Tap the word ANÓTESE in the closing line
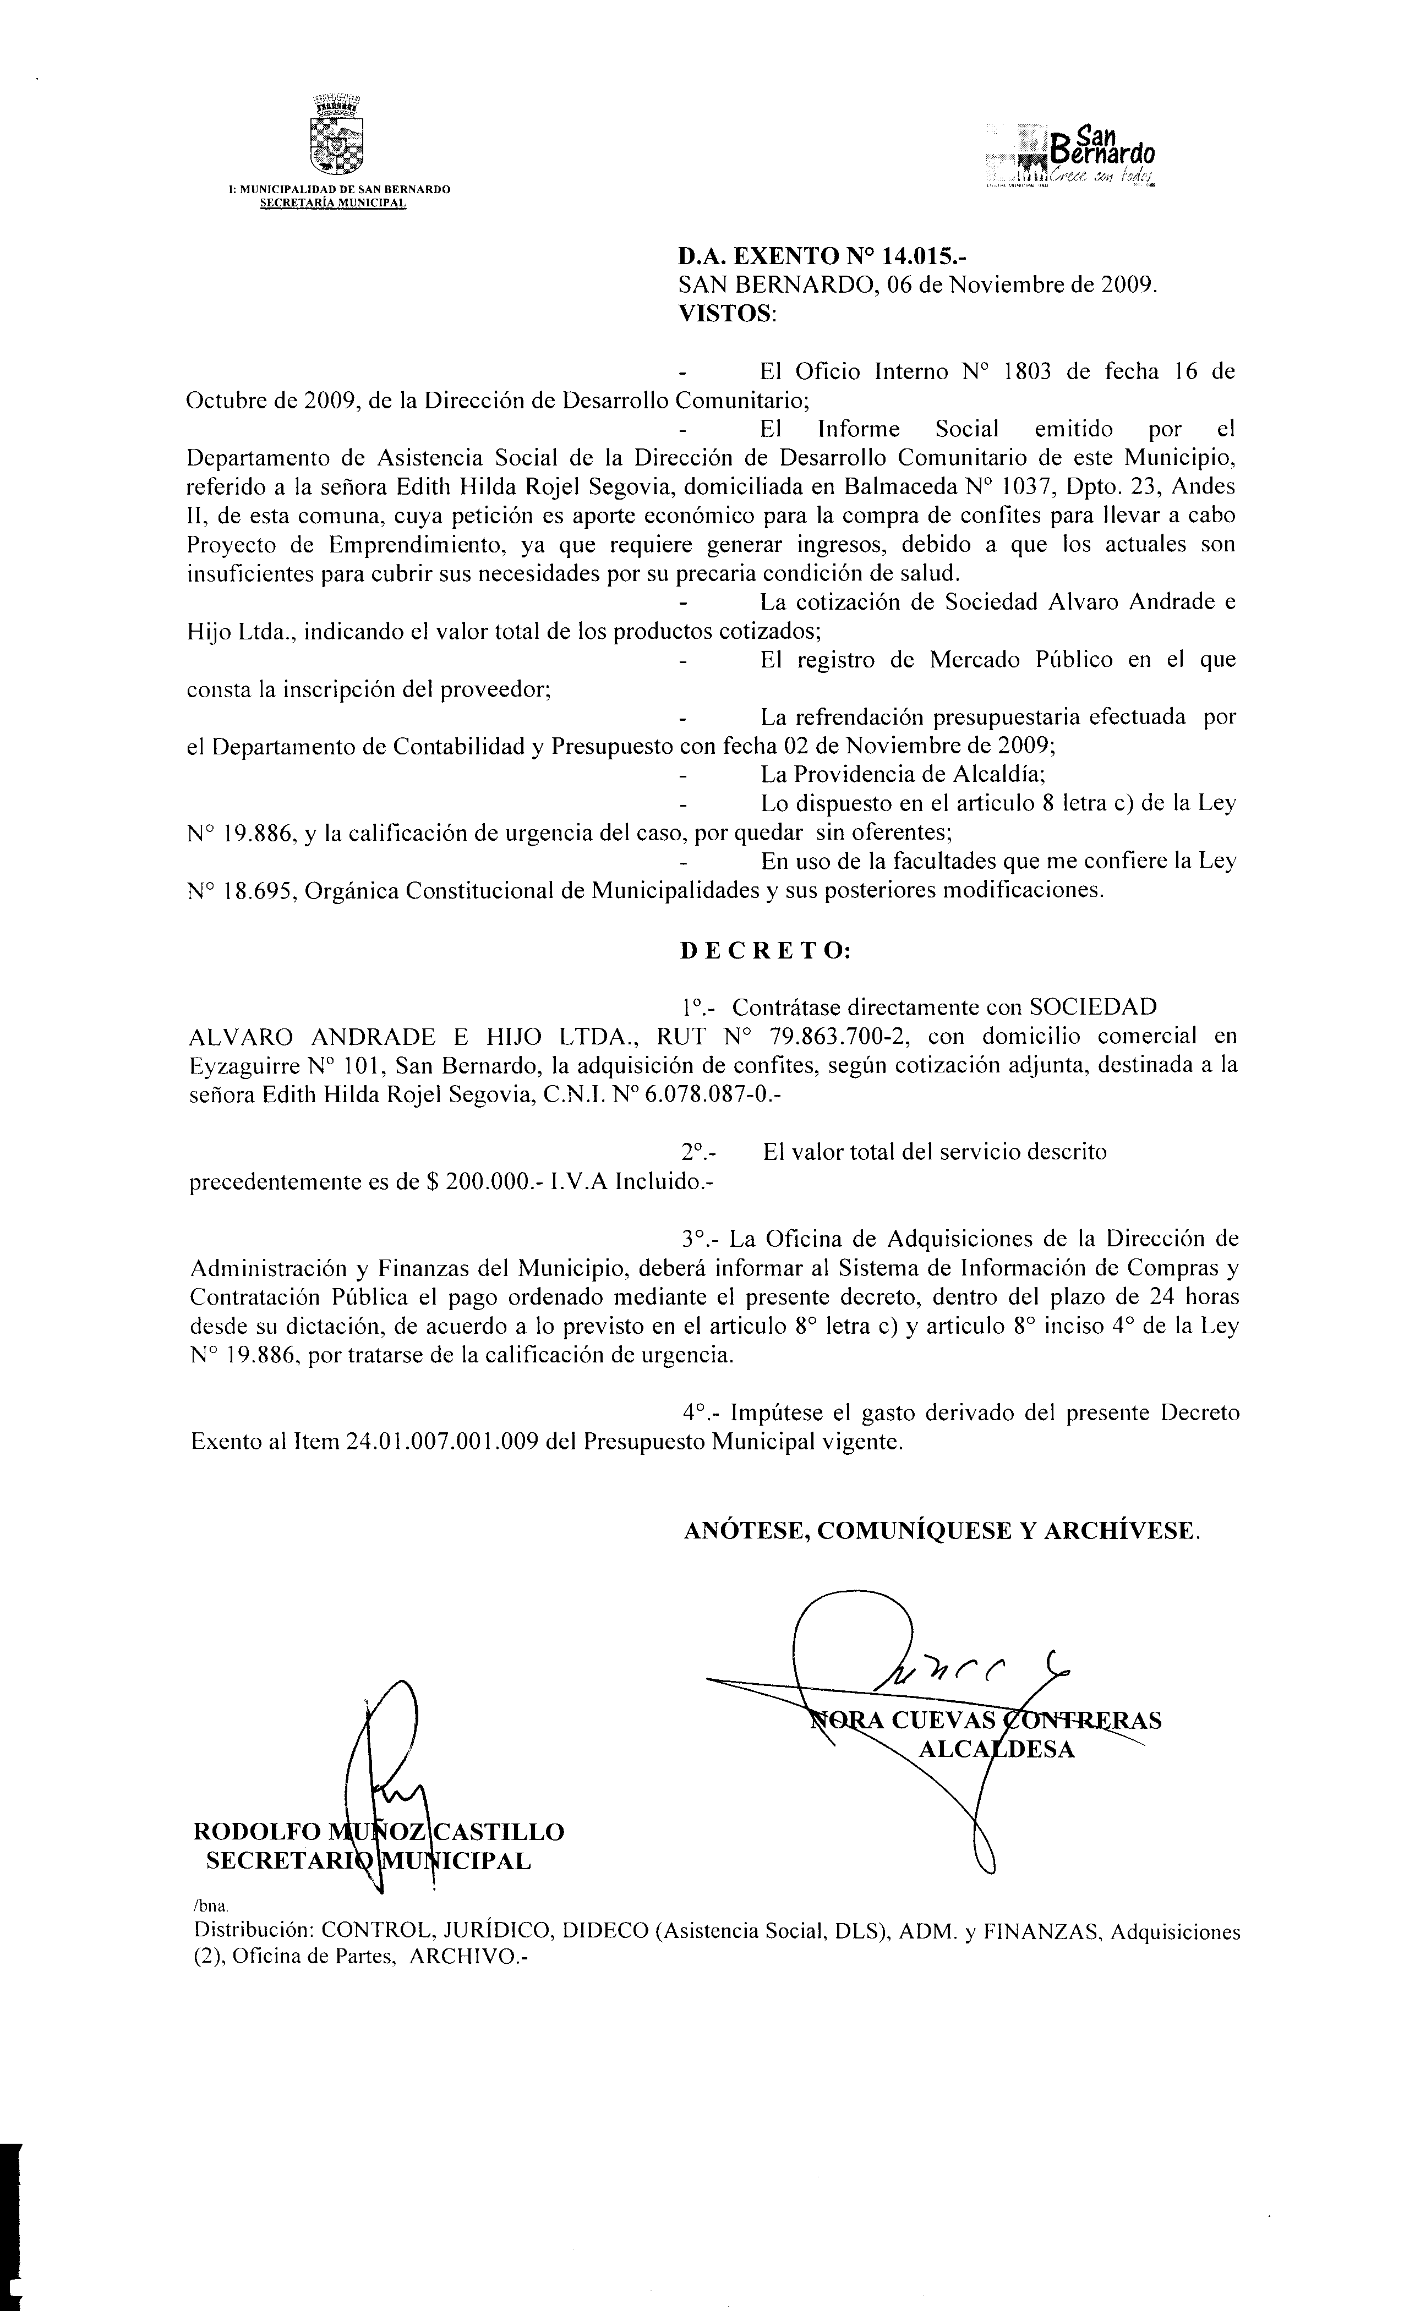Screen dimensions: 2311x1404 pyautogui.click(x=746, y=1531)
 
